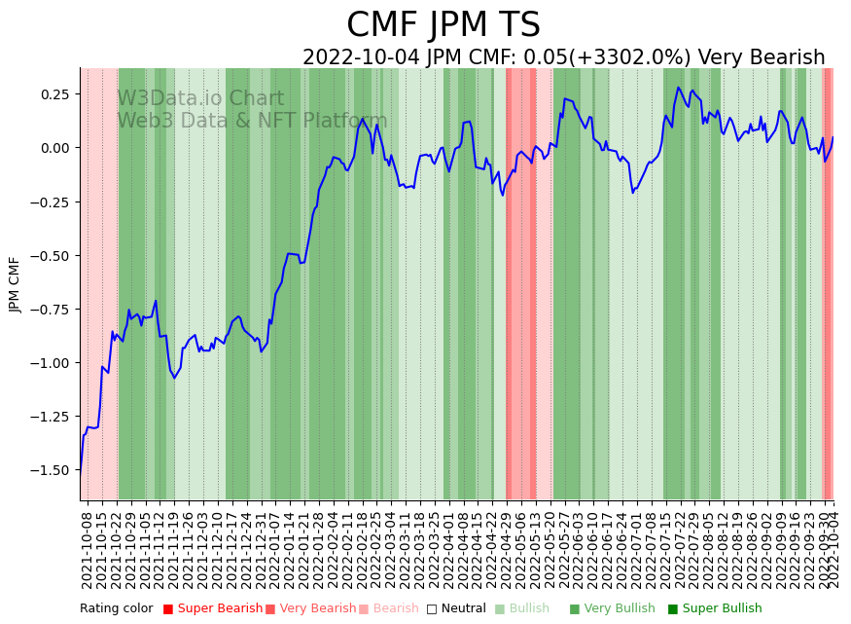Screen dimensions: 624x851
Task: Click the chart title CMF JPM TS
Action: point(443,25)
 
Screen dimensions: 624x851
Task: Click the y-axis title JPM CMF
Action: point(15,284)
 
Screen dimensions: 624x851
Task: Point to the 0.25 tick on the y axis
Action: point(54,94)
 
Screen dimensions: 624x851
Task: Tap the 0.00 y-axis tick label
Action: point(54,148)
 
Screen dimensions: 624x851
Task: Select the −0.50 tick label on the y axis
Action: point(52,255)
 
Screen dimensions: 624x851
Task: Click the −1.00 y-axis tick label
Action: point(52,363)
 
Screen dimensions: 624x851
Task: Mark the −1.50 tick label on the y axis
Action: point(52,470)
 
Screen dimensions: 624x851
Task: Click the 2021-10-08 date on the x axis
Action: point(88,549)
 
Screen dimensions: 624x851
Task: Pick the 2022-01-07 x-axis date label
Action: point(274,549)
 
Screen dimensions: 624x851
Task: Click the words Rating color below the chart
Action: point(116,608)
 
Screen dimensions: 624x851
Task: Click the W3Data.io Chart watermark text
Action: point(200,99)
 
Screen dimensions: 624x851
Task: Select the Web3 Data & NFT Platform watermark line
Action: point(252,121)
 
